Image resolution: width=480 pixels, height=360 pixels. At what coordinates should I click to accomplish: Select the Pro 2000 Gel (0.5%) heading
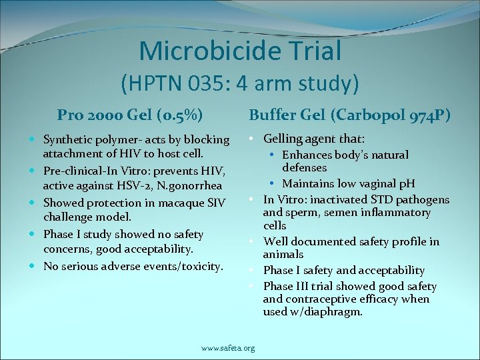click(x=130, y=114)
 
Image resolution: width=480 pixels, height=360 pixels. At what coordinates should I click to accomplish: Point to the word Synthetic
click(x=68, y=140)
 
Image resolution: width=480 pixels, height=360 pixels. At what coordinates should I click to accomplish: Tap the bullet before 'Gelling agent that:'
click(x=254, y=139)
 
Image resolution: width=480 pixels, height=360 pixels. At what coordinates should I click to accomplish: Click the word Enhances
click(x=304, y=155)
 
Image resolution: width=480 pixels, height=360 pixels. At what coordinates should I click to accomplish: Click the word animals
click(x=283, y=255)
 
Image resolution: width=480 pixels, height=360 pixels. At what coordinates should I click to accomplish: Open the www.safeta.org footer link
click(x=228, y=348)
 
